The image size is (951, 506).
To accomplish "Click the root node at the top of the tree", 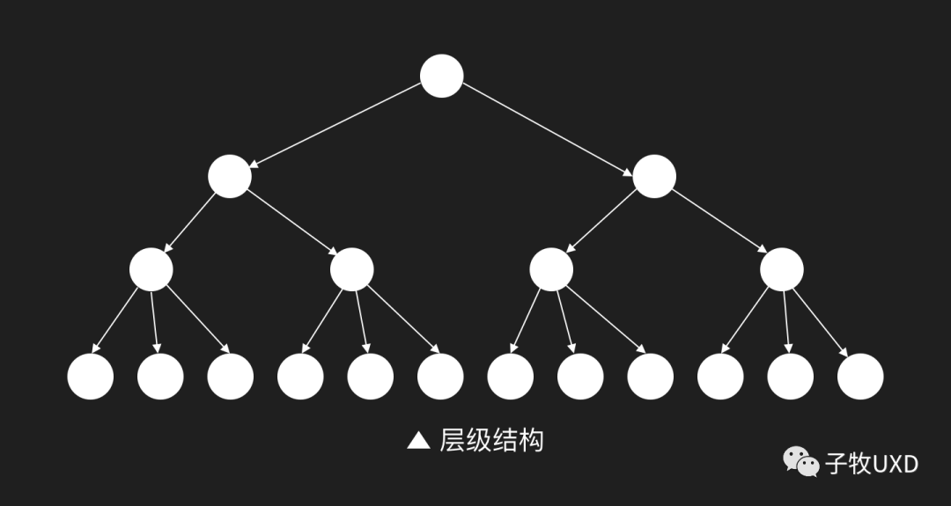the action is (x=442, y=76).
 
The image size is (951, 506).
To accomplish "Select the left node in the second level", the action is (x=230, y=175).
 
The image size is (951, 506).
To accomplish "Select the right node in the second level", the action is (x=654, y=175).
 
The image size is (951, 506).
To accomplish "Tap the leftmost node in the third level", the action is (x=151, y=269).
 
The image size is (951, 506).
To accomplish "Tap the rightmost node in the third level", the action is (x=782, y=269).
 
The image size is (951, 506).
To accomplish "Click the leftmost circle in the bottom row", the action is (x=91, y=376).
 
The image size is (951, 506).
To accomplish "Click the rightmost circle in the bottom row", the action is (x=860, y=376).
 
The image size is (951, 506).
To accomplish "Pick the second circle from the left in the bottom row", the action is (x=160, y=376).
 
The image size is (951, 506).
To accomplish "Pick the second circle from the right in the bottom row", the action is (x=790, y=376).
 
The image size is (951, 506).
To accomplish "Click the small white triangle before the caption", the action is (x=418, y=440).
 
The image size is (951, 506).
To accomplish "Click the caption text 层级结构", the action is (x=491, y=440).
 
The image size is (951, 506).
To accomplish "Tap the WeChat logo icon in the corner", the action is (x=801, y=462).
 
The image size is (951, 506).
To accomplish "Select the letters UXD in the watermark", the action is (x=895, y=463).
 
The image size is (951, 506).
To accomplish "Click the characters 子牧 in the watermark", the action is (x=847, y=463).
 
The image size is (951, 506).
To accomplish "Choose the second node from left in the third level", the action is (x=352, y=269).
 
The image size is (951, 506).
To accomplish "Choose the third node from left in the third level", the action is (x=552, y=269).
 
